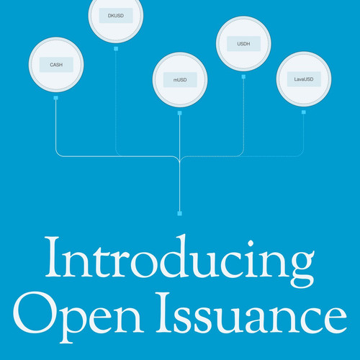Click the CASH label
tap(56, 65)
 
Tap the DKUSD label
tap(116, 16)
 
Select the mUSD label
tap(180, 80)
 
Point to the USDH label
tap(243, 44)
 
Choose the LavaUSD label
tap(304, 79)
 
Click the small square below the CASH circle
tap(56, 98)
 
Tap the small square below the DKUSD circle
tap(116, 49)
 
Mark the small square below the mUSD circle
tap(179, 113)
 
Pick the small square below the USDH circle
tap(243, 77)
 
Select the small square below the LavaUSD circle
tap(304, 112)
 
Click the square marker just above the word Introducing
tap(179, 213)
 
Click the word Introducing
tap(180, 261)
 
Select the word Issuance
tap(251, 313)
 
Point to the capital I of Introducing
tap(53, 257)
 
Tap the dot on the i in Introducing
tap(251, 243)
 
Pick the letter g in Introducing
tap(302, 269)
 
